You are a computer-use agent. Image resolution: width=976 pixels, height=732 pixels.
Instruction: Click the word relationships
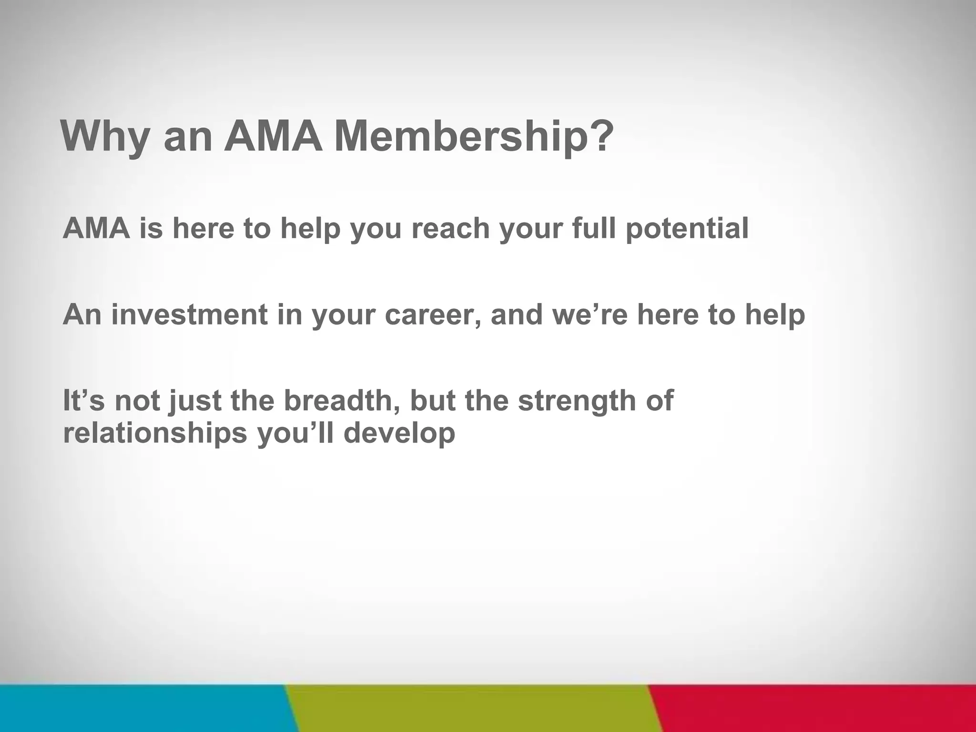pyautogui.click(x=155, y=434)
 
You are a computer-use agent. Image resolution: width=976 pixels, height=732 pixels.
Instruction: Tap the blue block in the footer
pyautogui.click(x=143, y=708)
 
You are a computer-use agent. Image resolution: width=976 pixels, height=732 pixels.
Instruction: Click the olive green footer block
pyautogui.click(x=472, y=708)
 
